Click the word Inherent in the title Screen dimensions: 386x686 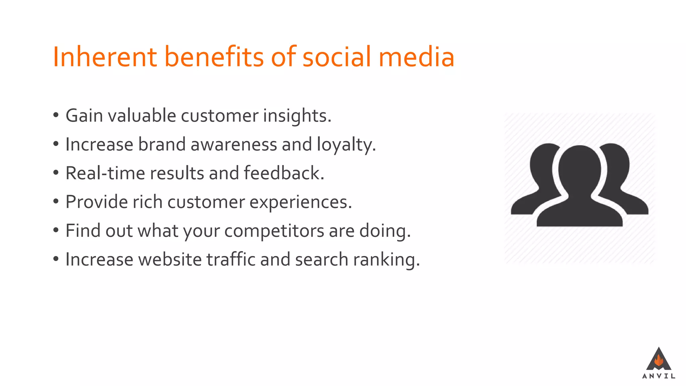(x=105, y=57)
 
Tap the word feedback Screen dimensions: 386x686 (x=284, y=174)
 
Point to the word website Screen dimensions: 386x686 (x=170, y=260)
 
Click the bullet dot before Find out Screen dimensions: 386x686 (x=56, y=231)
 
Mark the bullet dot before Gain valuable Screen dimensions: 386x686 (x=56, y=116)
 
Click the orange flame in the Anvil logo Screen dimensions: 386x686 (x=659, y=361)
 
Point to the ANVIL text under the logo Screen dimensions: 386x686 (x=659, y=376)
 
